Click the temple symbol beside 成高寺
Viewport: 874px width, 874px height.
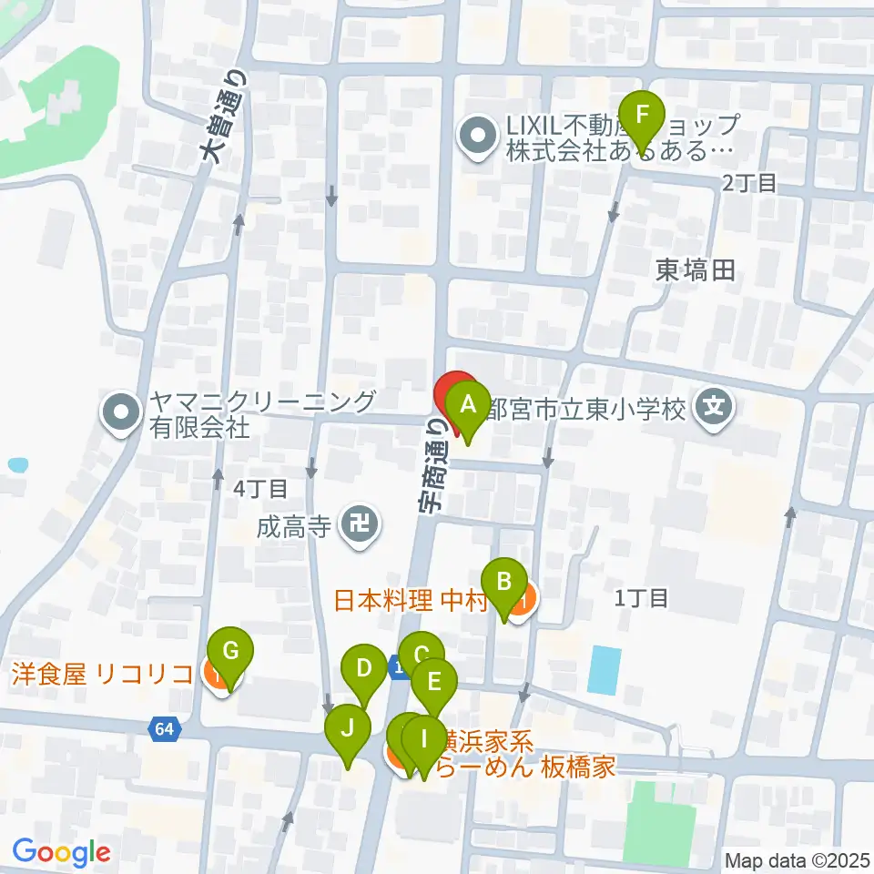(360, 526)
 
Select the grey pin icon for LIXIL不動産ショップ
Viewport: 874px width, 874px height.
(477, 138)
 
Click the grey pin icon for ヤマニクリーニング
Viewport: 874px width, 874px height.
(120, 413)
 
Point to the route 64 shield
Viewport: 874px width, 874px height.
(164, 728)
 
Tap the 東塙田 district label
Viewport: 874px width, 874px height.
(696, 270)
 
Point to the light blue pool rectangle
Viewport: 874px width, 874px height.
(605, 669)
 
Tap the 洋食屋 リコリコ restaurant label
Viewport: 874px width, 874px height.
(102, 675)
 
